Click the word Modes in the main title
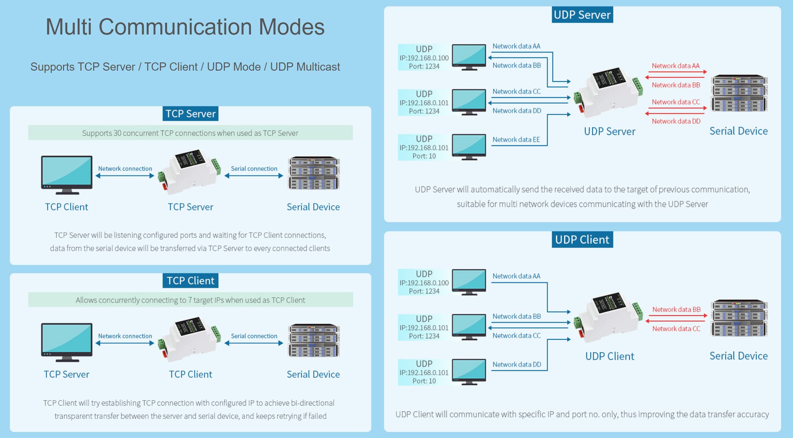[x=291, y=27]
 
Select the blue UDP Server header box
[x=582, y=15]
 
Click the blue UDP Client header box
[x=582, y=239]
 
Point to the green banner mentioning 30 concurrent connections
[x=190, y=133]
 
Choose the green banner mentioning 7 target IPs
[x=190, y=300]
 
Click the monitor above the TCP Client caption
[x=66, y=175]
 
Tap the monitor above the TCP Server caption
[x=66, y=342]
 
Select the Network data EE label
[x=516, y=140]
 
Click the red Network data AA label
[x=675, y=66]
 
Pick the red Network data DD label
[x=676, y=121]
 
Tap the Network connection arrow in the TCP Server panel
[x=125, y=176]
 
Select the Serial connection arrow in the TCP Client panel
[x=254, y=343]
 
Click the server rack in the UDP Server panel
[x=739, y=93]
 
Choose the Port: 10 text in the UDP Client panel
[x=424, y=381]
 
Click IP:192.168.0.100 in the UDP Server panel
[x=424, y=58]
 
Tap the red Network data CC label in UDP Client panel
[x=676, y=329]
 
